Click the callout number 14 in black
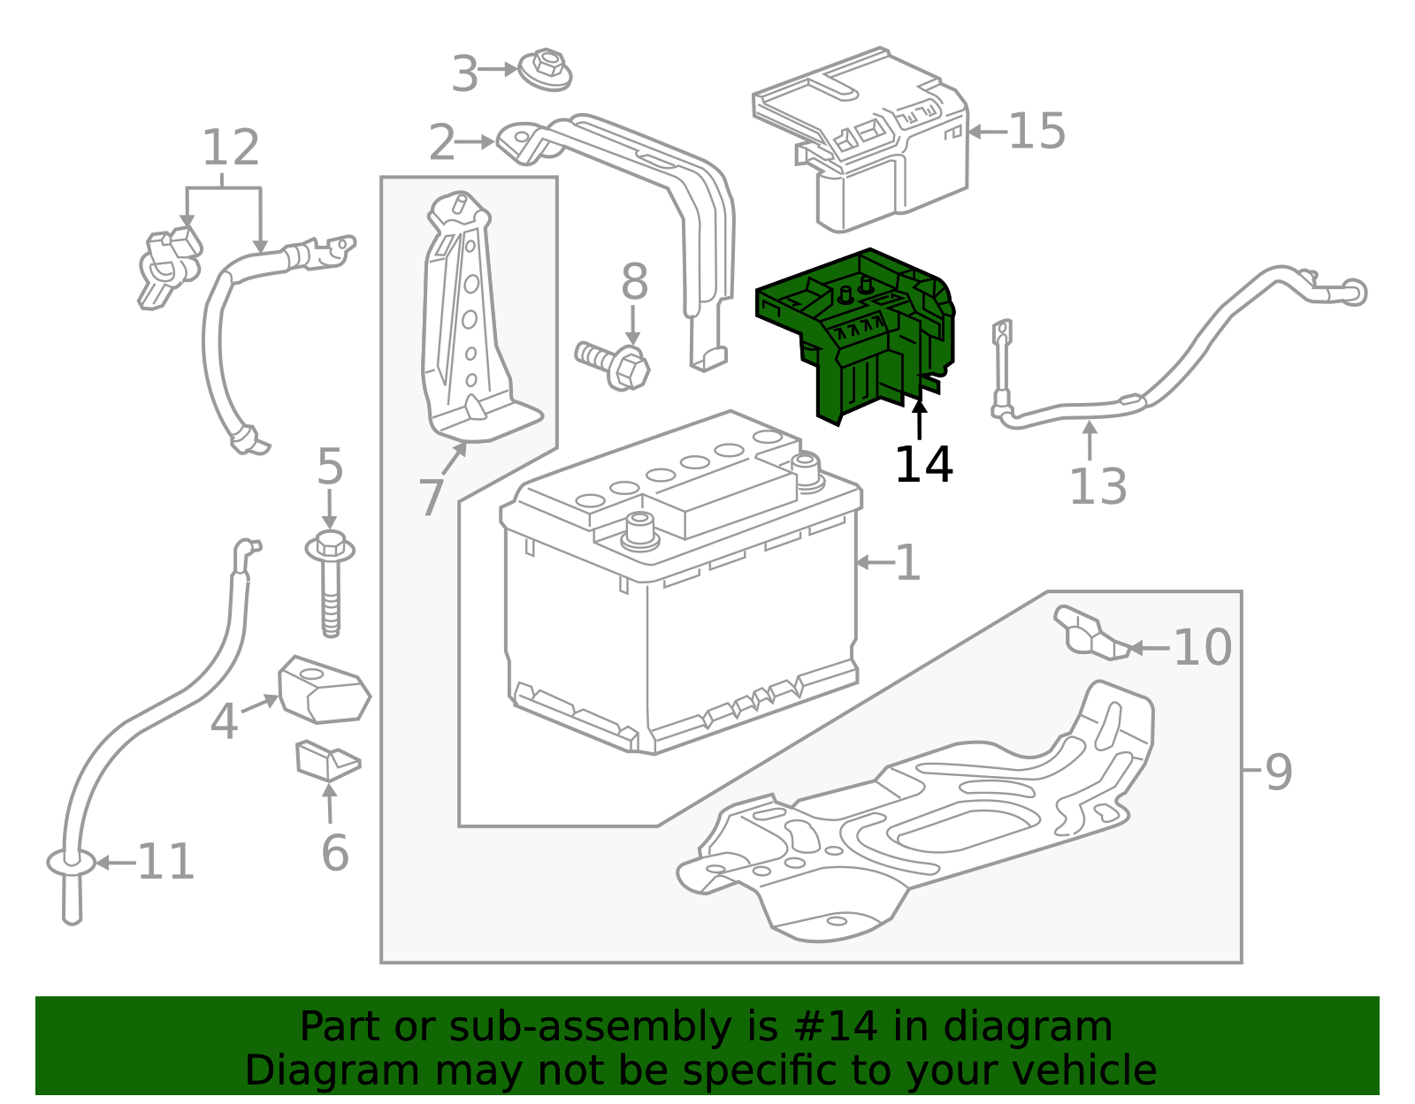[923, 465]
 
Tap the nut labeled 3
[546, 70]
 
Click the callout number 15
[1036, 132]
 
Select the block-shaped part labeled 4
[324, 691]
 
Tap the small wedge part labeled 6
[326, 760]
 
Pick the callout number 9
[1279, 772]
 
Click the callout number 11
[166, 862]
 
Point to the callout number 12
[231, 148]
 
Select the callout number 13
[1098, 487]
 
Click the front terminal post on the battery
[641, 529]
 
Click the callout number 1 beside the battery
[907, 562]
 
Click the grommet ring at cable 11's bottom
[71, 862]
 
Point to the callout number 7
[431, 498]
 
